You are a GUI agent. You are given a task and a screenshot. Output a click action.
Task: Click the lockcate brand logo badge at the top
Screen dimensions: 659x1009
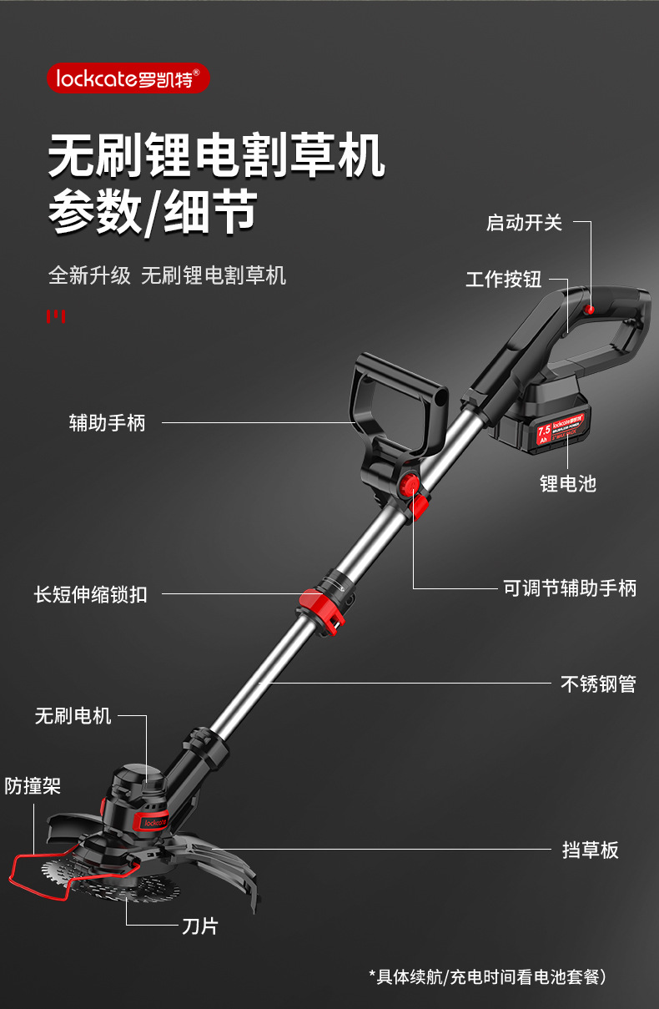[128, 78]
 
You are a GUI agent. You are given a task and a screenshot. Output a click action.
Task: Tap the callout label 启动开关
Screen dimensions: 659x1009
[524, 223]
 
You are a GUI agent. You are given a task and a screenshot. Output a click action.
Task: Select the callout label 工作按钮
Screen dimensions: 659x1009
[503, 280]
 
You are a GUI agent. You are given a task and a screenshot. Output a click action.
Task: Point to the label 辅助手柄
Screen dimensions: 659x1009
[107, 422]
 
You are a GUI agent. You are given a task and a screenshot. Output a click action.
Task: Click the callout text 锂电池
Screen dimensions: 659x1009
[568, 483]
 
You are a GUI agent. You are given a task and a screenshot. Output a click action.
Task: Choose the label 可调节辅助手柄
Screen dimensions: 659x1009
[570, 588]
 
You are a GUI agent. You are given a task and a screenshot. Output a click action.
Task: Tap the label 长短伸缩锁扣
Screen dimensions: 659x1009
[90, 594]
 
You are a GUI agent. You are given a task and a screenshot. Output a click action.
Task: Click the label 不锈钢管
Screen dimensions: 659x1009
[598, 684]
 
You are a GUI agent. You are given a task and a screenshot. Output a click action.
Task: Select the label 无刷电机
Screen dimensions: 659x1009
[73, 715]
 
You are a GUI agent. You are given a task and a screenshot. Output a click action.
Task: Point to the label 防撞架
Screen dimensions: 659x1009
[33, 785]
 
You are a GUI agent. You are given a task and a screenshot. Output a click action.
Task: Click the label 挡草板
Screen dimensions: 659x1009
[591, 850]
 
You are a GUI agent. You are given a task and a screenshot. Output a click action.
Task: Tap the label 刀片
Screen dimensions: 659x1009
[199, 926]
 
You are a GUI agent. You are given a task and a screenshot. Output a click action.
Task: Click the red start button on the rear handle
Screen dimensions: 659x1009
[590, 310]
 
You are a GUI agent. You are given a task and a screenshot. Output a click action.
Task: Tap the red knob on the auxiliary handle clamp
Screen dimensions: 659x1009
[410, 484]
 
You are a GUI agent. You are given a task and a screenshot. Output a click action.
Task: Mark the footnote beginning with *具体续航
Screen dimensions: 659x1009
[487, 976]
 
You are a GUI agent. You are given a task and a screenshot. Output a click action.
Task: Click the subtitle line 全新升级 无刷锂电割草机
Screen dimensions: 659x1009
[167, 275]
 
